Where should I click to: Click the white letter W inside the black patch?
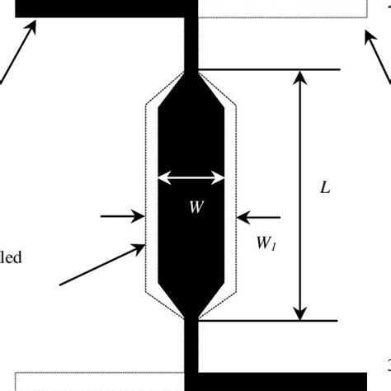pos(195,208)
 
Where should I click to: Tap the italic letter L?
pos(326,188)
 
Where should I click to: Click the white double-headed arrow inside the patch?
pos(191,176)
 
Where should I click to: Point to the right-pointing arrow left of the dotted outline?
pos(121,217)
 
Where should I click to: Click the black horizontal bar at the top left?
pos(99,7)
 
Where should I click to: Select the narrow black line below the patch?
pos(191,346)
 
